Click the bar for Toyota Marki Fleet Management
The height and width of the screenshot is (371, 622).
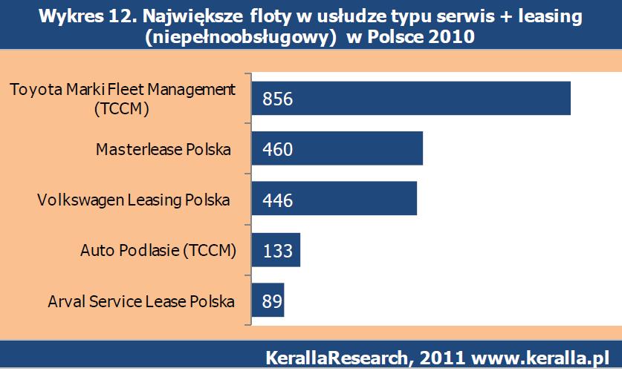(x=410, y=99)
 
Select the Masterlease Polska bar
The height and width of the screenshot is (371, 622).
(x=337, y=149)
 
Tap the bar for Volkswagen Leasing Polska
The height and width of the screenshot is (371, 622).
(x=334, y=200)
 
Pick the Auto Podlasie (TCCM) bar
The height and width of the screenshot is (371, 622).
(x=276, y=250)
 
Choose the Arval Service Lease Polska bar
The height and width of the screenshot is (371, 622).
(x=268, y=301)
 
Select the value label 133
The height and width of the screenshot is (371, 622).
(x=277, y=251)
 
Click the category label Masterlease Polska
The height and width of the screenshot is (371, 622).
(x=163, y=150)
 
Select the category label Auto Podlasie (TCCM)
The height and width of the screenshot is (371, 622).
(x=158, y=251)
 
